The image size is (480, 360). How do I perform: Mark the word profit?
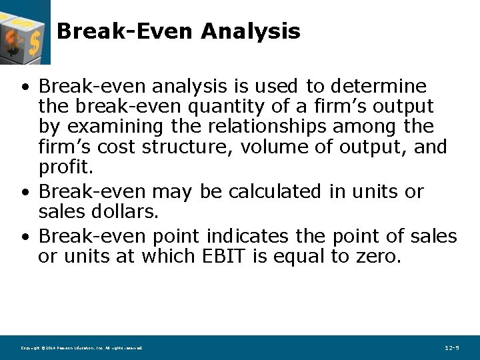point(65,166)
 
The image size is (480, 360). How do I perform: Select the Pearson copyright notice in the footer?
point(81,348)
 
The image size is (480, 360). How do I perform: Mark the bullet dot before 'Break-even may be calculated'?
point(24,192)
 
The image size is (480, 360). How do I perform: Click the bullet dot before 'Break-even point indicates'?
point(24,237)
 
